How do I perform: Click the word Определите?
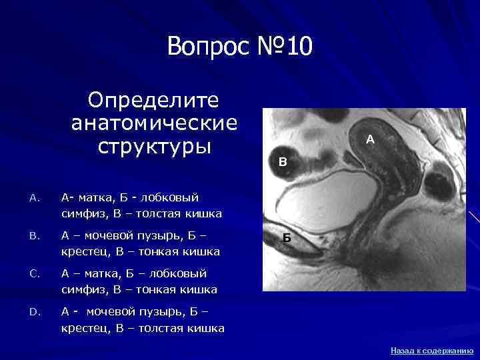pyautogui.click(x=154, y=101)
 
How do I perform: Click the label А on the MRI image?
pyautogui.click(x=371, y=140)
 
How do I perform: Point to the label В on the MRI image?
pyautogui.click(x=283, y=161)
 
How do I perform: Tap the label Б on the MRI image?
pyautogui.click(x=285, y=238)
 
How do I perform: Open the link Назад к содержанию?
pyautogui.click(x=431, y=350)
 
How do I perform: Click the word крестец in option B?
pyautogui.click(x=85, y=252)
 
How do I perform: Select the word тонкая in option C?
pyautogui.click(x=153, y=290)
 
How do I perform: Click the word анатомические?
pyautogui.click(x=154, y=123)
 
